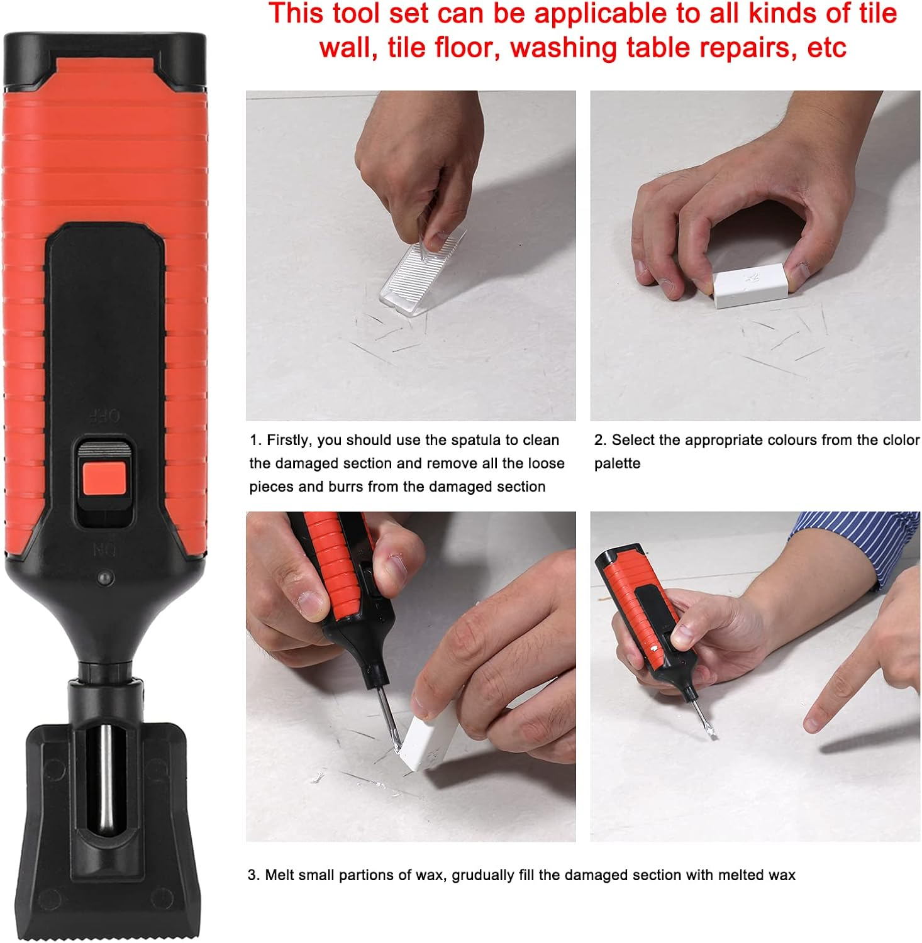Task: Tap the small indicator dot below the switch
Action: [x=104, y=577]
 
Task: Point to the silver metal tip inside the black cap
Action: [x=106, y=780]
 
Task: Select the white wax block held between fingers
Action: [x=750, y=286]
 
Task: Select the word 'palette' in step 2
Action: [x=617, y=463]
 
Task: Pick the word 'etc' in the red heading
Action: [x=826, y=48]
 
